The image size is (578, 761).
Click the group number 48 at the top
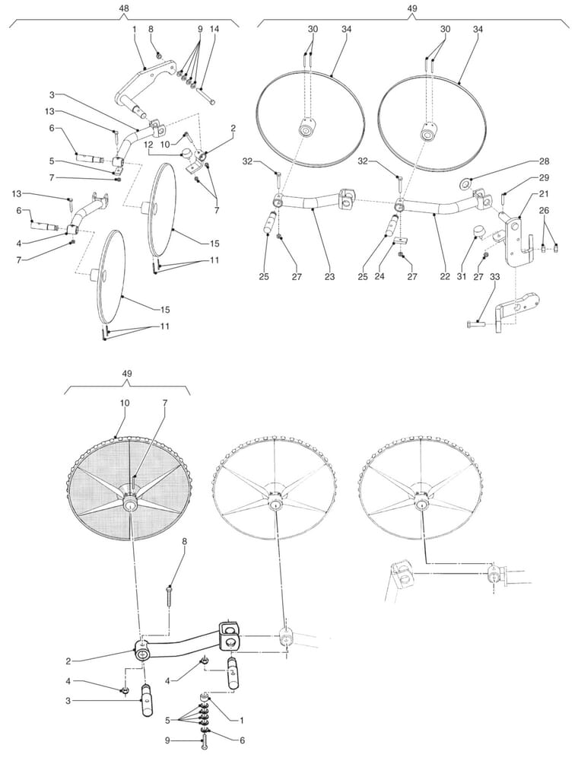tap(124, 8)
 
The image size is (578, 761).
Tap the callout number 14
tap(214, 29)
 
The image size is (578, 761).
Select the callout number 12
tap(148, 145)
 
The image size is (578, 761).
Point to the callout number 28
tap(544, 161)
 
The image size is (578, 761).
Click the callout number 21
tap(544, 194)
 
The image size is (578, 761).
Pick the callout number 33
tap(494, 277)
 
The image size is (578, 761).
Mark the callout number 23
tap(330, 277)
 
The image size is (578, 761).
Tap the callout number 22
tap(445, 277)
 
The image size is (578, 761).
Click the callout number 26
tap(544, 210)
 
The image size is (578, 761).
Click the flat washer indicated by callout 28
tap(466, 183)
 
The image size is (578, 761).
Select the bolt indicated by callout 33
tap(475, 323)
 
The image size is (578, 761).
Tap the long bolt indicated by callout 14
tap(207, 95)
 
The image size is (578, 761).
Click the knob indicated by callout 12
tap(186, 155)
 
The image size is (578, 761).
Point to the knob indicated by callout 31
tap(480, 230)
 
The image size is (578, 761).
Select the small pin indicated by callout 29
tap(505, 198)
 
